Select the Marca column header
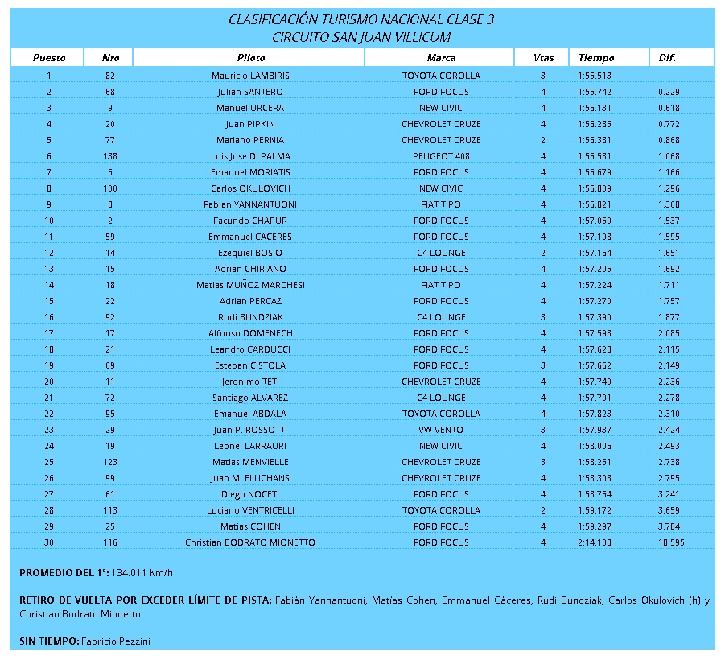[441, 58]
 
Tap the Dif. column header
[667, 58]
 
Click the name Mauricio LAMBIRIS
[250, 76]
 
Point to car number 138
[110, 156]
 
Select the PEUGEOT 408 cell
[441, 156]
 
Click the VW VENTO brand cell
[441, 430]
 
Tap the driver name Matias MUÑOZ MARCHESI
[250, 285]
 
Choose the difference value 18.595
[670, 542]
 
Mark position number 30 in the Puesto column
[49, 542]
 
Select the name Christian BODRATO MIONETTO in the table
[250, 542]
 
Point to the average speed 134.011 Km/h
[142, 573]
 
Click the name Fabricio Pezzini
[116, 641]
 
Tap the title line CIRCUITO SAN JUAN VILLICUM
[361, 37]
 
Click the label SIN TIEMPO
[48, 641]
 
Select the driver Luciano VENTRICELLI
[250, 510]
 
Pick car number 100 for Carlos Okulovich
[110, 188]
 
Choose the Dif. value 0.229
[669, 92]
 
